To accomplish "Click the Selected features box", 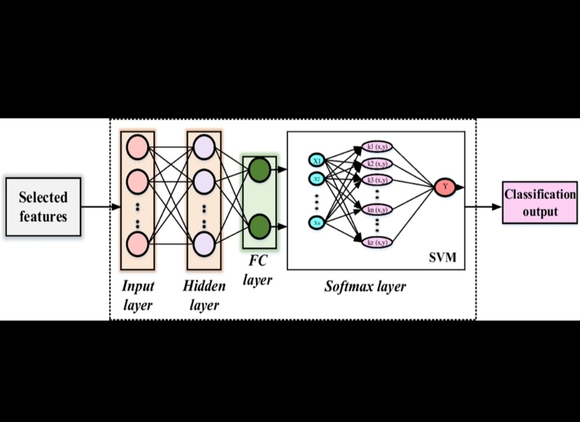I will point(43,207).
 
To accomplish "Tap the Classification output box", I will point(540,203).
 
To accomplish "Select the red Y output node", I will point(445,187).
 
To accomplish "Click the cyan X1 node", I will point(317,160).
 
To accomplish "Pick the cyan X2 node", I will point(317,179).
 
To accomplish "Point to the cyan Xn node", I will point(317,221).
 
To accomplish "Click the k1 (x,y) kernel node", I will point(378,147).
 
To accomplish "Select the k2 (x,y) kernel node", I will point(378,164).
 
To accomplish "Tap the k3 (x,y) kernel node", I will point(378,180).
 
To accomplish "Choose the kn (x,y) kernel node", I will point(378,210).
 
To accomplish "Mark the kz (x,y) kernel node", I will point(378,242).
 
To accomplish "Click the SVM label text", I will point(442,258).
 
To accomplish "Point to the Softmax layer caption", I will point(365,286).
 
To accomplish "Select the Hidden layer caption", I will point(204,295).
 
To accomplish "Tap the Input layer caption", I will point(138,295).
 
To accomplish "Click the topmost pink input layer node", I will point(137,147).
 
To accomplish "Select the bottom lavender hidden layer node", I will point(204,243).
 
